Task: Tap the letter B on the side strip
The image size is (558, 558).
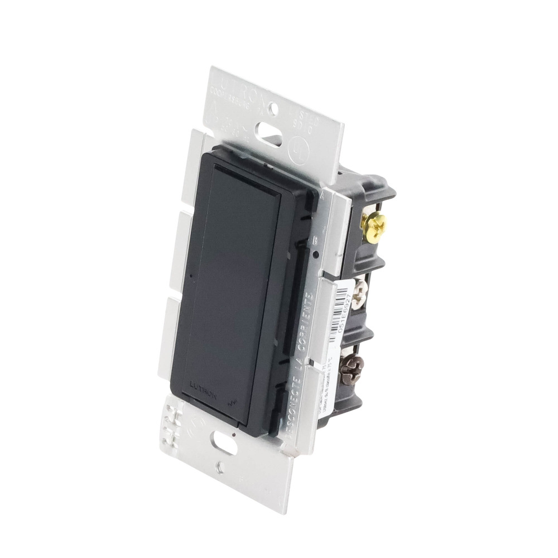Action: pos(315,240)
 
